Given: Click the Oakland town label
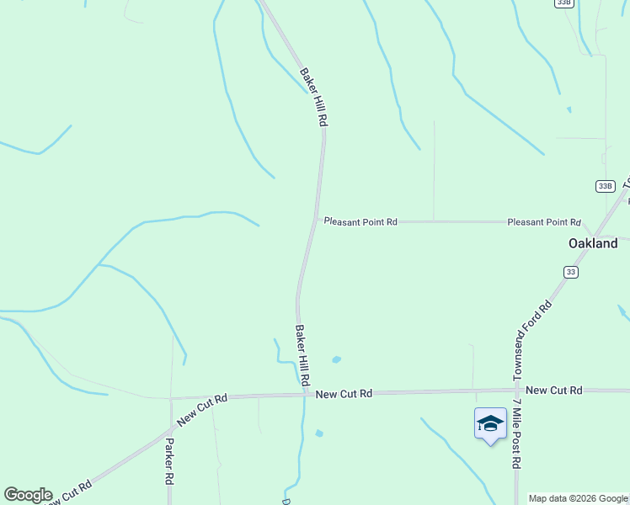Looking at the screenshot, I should click(x=592, y=243).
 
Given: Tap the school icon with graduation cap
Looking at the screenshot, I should click(x=490, y=423).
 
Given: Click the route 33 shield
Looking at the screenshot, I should click(x=571, y=272).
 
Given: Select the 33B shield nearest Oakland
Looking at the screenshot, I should click(x=605, y=185).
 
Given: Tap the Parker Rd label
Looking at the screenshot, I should click(x=169, y=460).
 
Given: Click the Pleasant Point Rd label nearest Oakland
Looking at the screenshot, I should click(x=544, y=222).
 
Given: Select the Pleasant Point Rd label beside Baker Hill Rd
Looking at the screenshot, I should click(x=360, y=222).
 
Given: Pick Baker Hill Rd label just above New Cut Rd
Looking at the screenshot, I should click(x=300, y=355).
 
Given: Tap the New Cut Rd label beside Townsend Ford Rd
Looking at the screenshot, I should click(x=553, y=391).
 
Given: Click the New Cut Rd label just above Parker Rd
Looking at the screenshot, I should click(x=203, y=409).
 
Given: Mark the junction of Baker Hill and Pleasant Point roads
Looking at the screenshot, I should click(x=316, y=221).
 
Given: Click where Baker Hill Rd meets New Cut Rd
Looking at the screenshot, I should click(x=305, y=393).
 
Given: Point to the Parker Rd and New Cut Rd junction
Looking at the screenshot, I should click(x=170, y=398).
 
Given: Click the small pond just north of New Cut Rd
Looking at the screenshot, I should click(x=336, y=359).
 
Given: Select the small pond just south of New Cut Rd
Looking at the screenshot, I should click(x=318, y=433).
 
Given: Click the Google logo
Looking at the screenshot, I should click(x=27, y=495).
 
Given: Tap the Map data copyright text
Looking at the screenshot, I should click(x=578, y=498).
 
